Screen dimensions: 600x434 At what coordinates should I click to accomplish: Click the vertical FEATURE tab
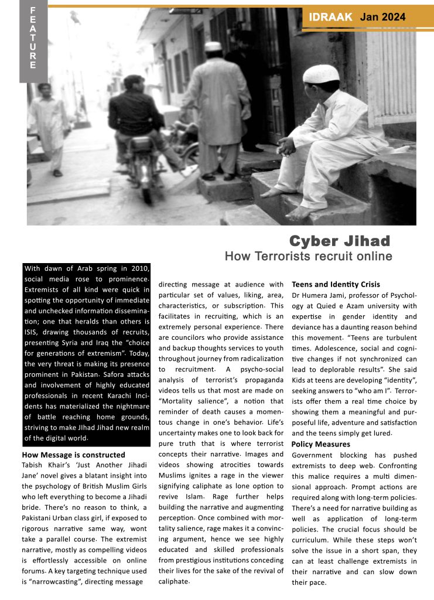pos(33,39)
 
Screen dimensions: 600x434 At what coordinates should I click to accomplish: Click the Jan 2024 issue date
pos(382,18)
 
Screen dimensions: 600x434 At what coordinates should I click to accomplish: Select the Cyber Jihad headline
pos(340,241)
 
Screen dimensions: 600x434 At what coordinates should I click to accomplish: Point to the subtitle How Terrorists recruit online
pos(308,256)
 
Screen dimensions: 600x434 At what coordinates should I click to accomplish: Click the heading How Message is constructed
pos(73,454)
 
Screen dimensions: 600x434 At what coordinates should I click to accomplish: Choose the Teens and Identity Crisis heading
pos(336,284)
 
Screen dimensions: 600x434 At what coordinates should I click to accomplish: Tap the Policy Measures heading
pos(321,444)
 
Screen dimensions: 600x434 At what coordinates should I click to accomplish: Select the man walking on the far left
pos(49,126)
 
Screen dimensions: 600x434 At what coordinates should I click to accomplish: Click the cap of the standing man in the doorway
pos(213,46)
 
